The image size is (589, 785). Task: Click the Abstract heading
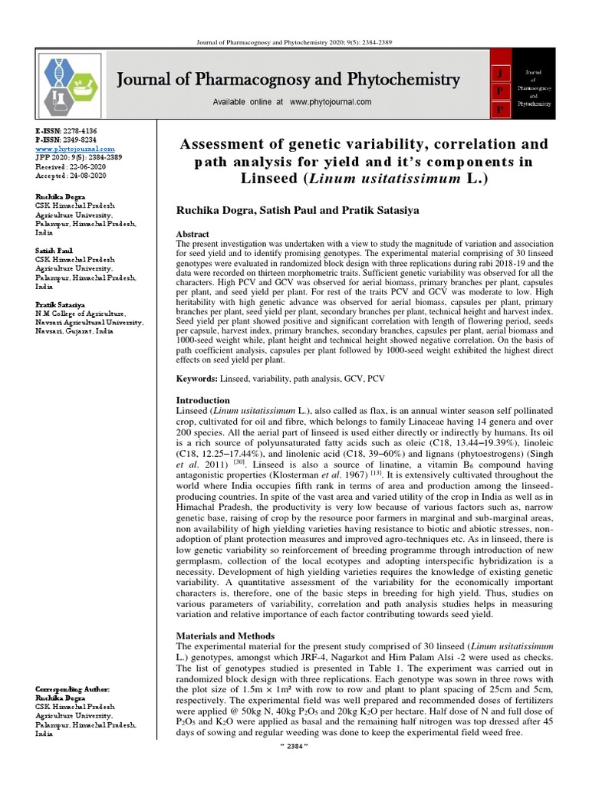pos(193,233)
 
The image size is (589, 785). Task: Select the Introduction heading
pos(203,400)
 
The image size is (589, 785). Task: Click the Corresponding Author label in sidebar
pos(72,690)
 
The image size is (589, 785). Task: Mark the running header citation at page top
pos(294,41)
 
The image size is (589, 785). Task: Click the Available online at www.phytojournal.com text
pos(281,102)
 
